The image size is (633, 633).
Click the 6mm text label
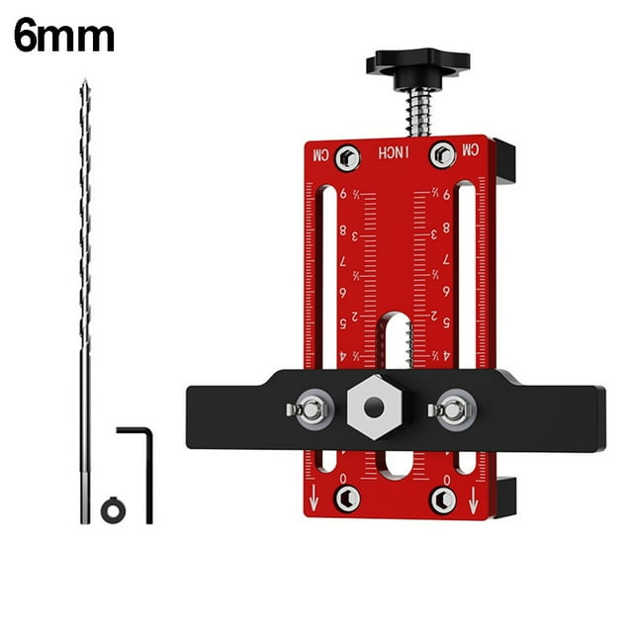click(64, 37)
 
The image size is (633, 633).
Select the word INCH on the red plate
click(394, 154)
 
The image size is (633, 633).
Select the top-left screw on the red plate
click(346, 156)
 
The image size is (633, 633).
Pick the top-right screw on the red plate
click(442, 154)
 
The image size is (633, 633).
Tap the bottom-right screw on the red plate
click(442, 499)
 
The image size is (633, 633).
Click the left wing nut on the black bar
click(310, 407)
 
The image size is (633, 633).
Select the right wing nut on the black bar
click(452, 407)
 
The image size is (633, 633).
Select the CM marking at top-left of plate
click(319, 154)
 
